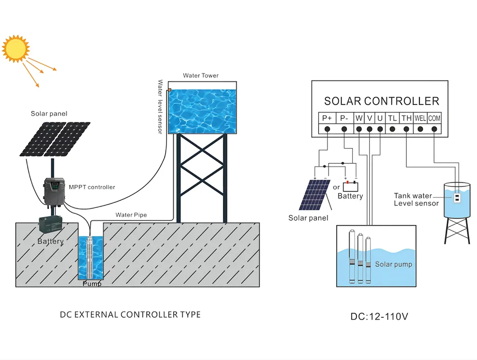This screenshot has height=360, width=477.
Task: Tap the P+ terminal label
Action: pyautogui.click(x=327, y=118)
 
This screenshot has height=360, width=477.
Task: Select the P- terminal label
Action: pyautogui.click(x=344, y=118)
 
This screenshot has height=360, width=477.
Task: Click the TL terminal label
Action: pyautogui.click(x=392, y=118)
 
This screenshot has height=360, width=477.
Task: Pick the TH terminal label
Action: pyautogui.click(x=406, y=118)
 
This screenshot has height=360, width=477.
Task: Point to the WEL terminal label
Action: pyautogui.click(x=420, y=118)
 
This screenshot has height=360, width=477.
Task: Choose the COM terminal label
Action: pyautogui.click(x=434, y=118)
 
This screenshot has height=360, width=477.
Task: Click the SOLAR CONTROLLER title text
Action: pyautogui.click(x=381, y=101)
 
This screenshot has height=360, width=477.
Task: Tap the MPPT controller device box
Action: pyautogui.click(x=54, y=192)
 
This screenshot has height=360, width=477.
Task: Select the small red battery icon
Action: pyautogui.click(x=351, y=186)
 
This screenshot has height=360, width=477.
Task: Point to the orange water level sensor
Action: pyautogui.click(x=170, y=90)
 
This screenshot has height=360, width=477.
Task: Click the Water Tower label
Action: pyautogui.click(x=201, y=76)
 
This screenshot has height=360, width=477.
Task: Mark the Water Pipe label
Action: pyautogui.click(x=131, y=215)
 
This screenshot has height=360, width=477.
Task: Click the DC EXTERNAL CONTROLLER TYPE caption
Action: pyautogui.click(x=130, y=314)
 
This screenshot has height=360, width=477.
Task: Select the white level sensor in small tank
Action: pyautogui.click(x=456, y=197)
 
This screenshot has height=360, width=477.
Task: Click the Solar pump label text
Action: pyautogui.click(x=393, y=264)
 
